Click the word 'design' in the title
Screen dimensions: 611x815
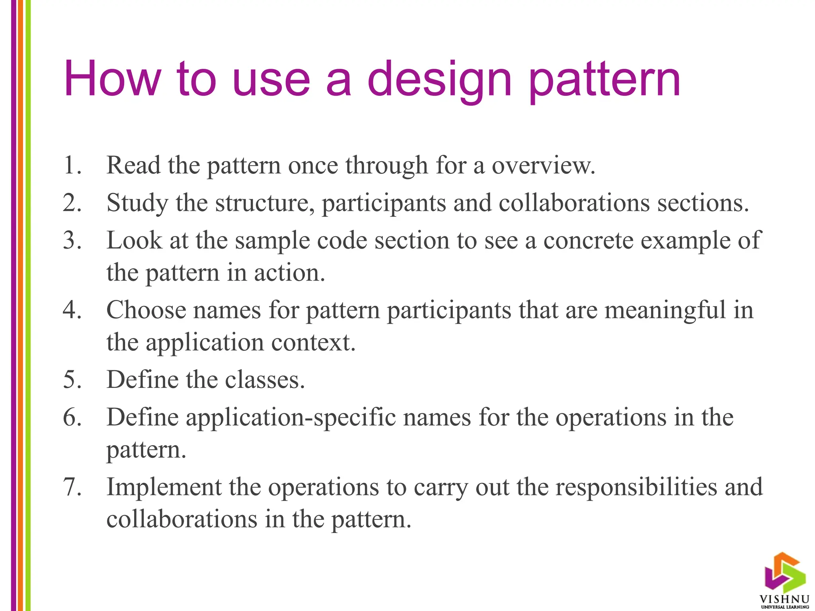(439, 80)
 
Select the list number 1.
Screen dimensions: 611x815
(72, 165)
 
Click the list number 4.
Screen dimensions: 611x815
(72, 310)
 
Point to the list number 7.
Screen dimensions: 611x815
(72, 486)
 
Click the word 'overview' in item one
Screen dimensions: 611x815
(542, 165)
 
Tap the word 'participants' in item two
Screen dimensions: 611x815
(384, 203)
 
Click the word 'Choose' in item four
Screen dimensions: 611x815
(146, 310)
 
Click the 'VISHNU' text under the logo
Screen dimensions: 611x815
(784, 599)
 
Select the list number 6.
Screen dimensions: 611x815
(72, 418)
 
